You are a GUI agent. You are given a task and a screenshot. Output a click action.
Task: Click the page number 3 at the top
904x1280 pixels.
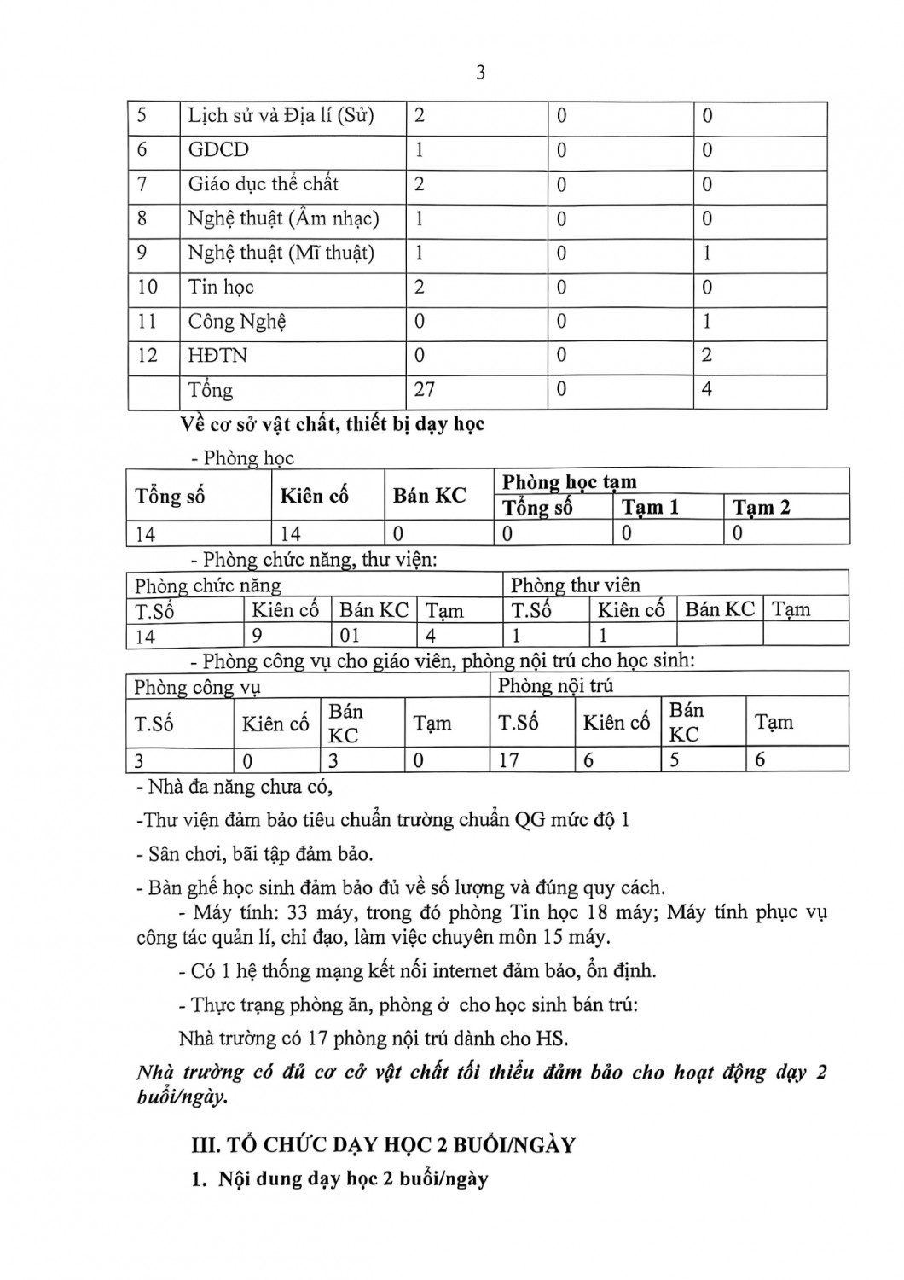(480, 73)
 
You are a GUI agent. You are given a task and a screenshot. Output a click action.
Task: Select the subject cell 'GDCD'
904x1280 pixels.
(218, 150)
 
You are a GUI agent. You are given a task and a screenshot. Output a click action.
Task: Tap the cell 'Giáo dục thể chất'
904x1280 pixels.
(263, 184)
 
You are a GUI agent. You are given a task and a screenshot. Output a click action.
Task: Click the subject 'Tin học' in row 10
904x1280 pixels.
(221, 287)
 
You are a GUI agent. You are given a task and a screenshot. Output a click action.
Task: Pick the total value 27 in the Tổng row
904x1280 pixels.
(425, 390)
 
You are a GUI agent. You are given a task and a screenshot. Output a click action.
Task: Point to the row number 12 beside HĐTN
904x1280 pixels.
(148, 355)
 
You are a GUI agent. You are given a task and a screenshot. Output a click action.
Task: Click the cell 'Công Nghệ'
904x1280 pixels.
(237, 322)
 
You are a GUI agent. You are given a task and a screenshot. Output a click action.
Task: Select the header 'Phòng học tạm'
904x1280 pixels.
(569, 482)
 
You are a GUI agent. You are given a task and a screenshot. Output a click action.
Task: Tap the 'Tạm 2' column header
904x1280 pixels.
(761, 508)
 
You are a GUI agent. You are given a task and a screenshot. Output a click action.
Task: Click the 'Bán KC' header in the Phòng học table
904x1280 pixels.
(429, 496)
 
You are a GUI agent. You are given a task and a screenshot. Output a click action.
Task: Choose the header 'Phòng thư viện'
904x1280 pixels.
(575, 585)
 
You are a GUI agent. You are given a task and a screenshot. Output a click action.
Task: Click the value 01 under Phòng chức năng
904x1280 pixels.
(350, 636)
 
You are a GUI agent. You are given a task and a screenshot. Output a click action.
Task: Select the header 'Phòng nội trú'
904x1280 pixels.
(555, 686)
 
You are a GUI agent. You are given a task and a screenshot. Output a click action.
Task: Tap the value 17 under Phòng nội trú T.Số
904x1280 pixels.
(509, 759)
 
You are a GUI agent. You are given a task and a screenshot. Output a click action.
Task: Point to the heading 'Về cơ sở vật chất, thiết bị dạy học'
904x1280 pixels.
(333, 424)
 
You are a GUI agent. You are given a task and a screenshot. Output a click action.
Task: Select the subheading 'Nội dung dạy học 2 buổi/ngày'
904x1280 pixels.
(353, 1179)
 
